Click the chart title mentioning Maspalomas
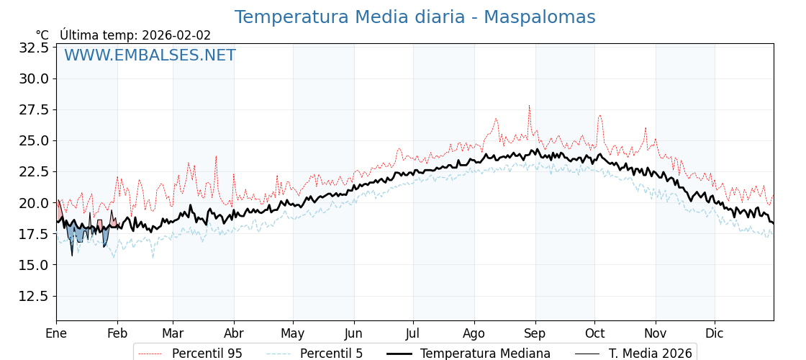[415, 17]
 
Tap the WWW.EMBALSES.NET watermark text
[150, 55]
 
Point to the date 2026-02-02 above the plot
[176, 35]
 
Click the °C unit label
[42, 35]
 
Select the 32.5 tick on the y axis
[34, 48]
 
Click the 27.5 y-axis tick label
[34, 109]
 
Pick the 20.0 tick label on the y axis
[34, 203]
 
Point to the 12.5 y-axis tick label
[34, 296]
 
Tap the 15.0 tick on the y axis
[34, 265]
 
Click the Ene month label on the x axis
[56, 333]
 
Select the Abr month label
[234, 333]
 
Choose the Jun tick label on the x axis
[353, 333]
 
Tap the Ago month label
[474, 333]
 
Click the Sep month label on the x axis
[535, 333]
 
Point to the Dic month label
[715, 333]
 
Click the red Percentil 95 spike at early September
[529, 107]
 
